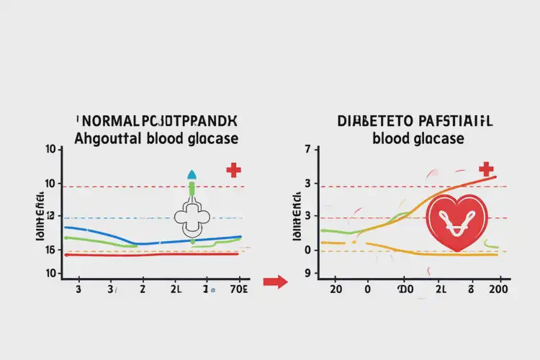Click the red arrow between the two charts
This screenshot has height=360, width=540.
(274, 282)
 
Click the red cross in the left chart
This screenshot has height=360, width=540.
(233, 171)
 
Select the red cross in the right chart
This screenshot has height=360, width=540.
(486, 169)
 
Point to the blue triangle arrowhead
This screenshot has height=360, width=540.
(192, 174)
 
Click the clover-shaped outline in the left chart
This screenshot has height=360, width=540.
(191, 218)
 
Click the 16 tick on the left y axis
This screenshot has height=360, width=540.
(50, 250)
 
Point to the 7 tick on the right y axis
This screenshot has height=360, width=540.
(307, 150)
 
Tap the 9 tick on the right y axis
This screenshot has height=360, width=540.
(307, 274)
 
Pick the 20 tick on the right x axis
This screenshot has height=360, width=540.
(335, 289)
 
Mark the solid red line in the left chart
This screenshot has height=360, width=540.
(151, 254)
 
